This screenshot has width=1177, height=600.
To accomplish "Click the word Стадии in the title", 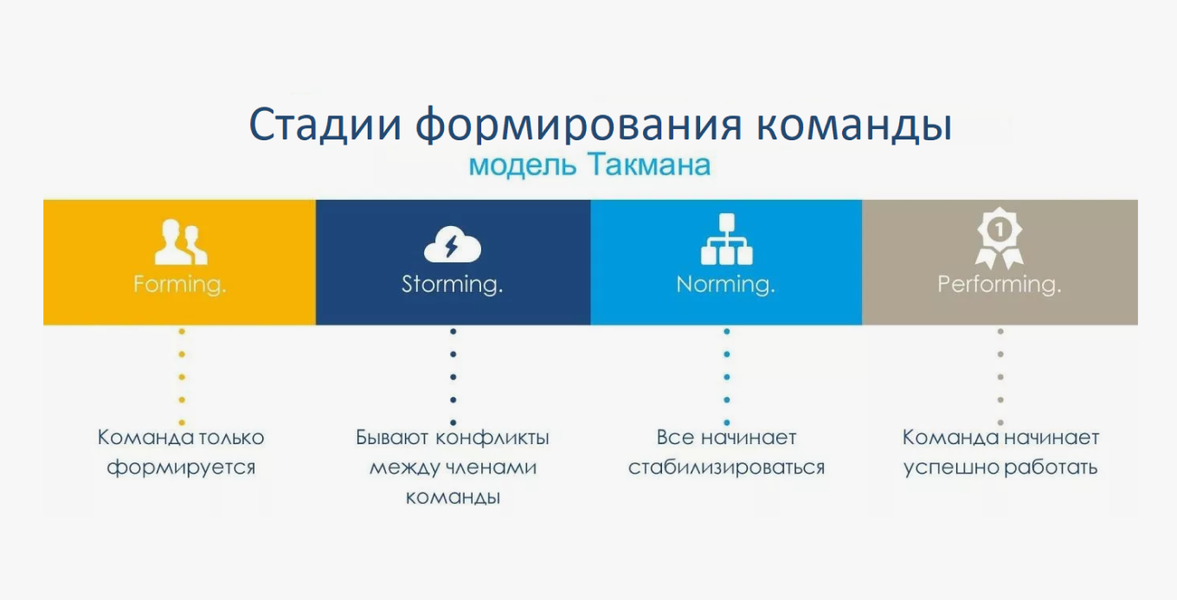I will pyautogui.click(x=325, y=125).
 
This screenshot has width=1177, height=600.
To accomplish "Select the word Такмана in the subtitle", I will pyautogui.click(x=648, y=165).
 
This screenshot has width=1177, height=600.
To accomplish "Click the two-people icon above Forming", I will pyautogui.click(x=181, y=243).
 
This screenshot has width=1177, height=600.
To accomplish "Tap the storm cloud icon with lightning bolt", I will pyautogui.click(x=452, y=246).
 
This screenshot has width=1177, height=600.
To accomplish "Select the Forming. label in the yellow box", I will pyautogui.click(x=180, y=284).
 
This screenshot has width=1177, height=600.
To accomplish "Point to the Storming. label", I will pyautogui.click(x=452, y=284).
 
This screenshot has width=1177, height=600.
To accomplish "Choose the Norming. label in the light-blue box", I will pyautogui.click(x=725, y=284).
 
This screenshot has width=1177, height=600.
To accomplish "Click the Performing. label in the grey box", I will pyautogui.click(x=1000, y=284).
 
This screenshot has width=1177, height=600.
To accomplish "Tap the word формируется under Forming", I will pyautogui.click(x=181, y=468).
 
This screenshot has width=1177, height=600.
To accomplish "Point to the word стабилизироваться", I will pyautogui.click(x=726, y=468).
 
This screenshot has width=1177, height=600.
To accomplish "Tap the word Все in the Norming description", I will pyautogui.click(x=672, y=438).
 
